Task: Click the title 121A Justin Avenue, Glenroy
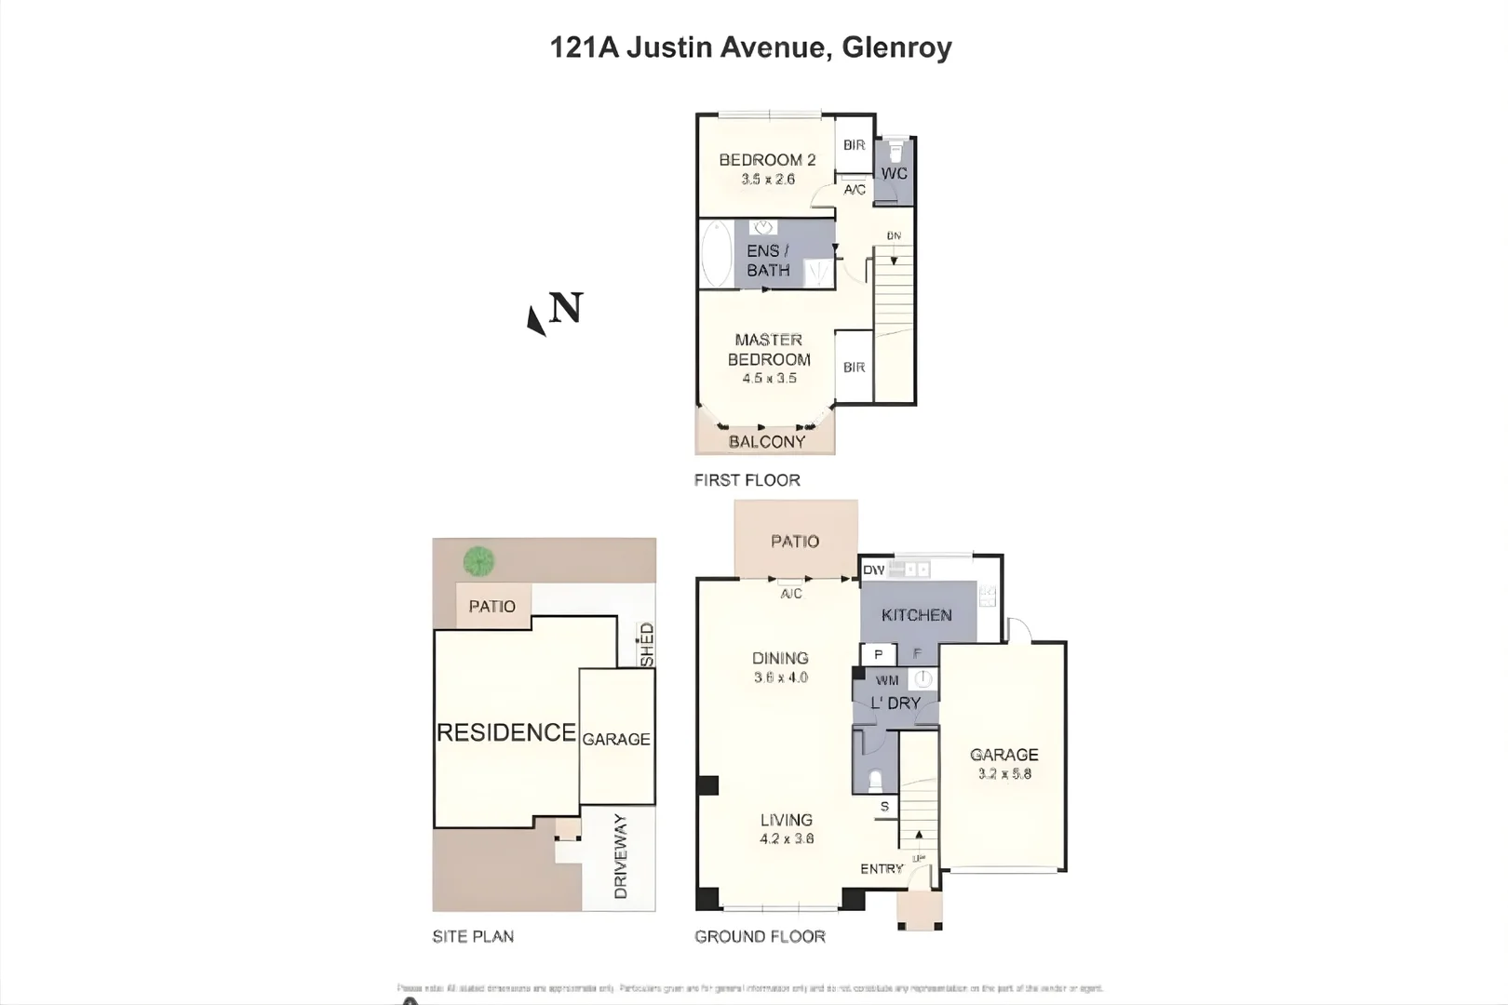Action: coord(750,47)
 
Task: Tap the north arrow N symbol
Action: coord(556,311)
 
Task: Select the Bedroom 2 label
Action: coord(767,160)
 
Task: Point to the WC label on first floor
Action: coord(894,173)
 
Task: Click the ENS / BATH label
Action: coord(768,261)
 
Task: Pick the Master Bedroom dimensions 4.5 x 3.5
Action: coord(769,379)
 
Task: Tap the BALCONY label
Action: coord(766,442)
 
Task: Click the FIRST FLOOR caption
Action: coord(747,480)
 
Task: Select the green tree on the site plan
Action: coord(478,561)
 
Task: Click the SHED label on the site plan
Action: coord(646,644)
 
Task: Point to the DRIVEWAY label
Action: coord(620,856)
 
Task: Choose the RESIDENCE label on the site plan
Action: coord(506,733)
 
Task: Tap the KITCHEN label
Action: coord(916,615)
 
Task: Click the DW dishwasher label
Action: coord(873,569)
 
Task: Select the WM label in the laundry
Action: coord(886,680)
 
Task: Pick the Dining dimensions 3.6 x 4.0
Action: coord(780,677)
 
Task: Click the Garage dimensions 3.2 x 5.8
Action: coord(1004,773)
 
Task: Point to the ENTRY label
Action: coord(882,868)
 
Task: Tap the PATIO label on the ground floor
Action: coord(795,542)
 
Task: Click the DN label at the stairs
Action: coord(894,236)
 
